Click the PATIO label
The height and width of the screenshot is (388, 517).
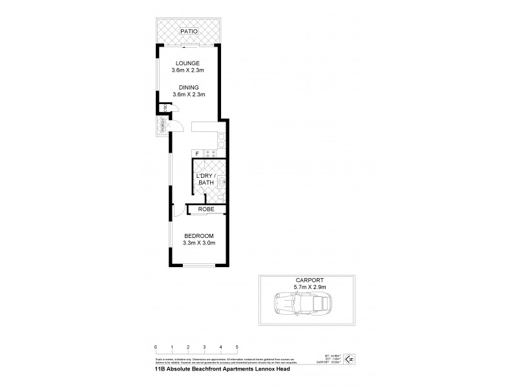point(189,31)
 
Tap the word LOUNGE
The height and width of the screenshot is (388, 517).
point(189,63)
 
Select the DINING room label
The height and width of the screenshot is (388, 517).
point(189,87)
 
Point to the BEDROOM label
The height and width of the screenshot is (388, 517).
point(199,235)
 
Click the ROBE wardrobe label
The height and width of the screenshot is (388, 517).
point(206,210)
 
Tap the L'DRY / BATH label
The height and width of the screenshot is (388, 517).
point(206,180)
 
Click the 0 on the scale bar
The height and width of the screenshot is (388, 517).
point(156,347)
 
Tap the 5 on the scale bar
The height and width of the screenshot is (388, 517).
point(237,347)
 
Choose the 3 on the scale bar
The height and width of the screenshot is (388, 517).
point(205,347)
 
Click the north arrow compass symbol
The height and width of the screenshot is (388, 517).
point(350,358)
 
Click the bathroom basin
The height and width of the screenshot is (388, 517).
point(221,184)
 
